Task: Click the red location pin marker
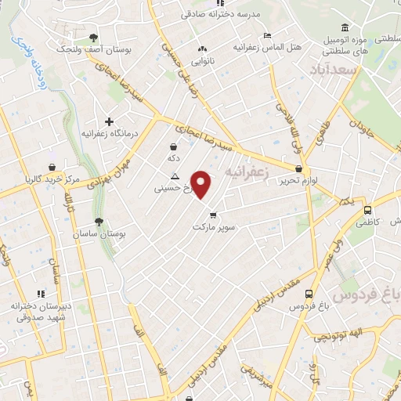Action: tap(202, 184)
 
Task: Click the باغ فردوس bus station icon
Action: tap(309, 295)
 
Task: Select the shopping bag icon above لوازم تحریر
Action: tap(298, 169)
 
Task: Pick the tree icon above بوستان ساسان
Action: tap(99, 222)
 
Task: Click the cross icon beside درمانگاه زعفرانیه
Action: tap(110, 121)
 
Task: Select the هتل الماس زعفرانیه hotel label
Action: tap(266, 48)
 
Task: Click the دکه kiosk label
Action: tap(173, 157)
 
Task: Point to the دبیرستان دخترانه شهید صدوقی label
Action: tap(40, 311)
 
